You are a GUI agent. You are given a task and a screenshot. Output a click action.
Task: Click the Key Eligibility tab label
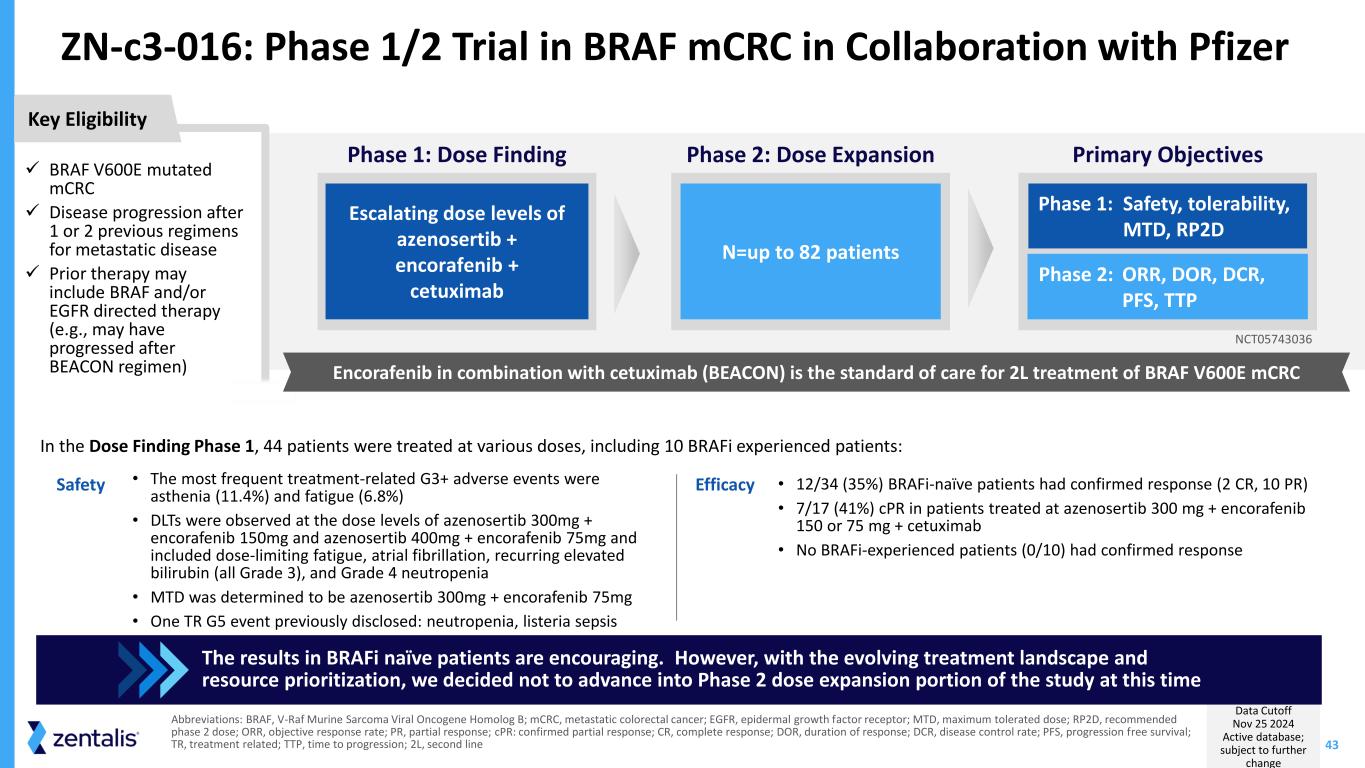tap(87, 119)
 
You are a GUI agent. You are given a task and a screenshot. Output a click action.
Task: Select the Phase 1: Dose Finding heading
tap(456, 155)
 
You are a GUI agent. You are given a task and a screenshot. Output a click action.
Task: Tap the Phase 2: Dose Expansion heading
tap(810, 155)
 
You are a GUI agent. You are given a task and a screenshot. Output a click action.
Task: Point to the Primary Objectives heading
tap(1167, 155)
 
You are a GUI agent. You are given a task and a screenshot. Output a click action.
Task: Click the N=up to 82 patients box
tap(810, 251)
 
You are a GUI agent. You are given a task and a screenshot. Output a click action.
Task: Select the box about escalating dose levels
tap(456, 251)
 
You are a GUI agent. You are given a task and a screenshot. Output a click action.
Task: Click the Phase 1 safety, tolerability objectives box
tap(1167, 216)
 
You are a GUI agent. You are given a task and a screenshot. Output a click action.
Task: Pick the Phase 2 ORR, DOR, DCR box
tap(1167, 286)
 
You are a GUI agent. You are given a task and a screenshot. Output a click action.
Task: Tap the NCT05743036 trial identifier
tap(1273, 340)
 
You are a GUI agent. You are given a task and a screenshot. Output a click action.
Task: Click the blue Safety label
tap(80, 485)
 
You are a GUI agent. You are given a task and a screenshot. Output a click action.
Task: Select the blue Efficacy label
tap(725, 485)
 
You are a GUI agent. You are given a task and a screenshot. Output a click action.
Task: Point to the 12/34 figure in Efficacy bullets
tap(815, 485)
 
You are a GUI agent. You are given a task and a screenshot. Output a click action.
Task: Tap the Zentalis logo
tap(83, 738)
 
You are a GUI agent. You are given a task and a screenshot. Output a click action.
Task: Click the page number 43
tap(1332, 745)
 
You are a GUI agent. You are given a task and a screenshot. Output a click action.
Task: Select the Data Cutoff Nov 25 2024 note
tap(1263, 737)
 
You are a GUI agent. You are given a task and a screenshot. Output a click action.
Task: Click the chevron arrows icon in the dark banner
tap(152, 669)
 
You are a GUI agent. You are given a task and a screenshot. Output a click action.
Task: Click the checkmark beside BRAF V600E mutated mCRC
tap(33, 168)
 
